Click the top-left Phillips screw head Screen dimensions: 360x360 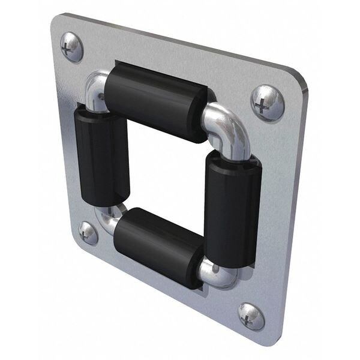click(72, 47)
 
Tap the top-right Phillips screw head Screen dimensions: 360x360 click(267, 103)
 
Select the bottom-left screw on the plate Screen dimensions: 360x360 click(88, 233)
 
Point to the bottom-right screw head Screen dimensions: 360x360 click(251, 316)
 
